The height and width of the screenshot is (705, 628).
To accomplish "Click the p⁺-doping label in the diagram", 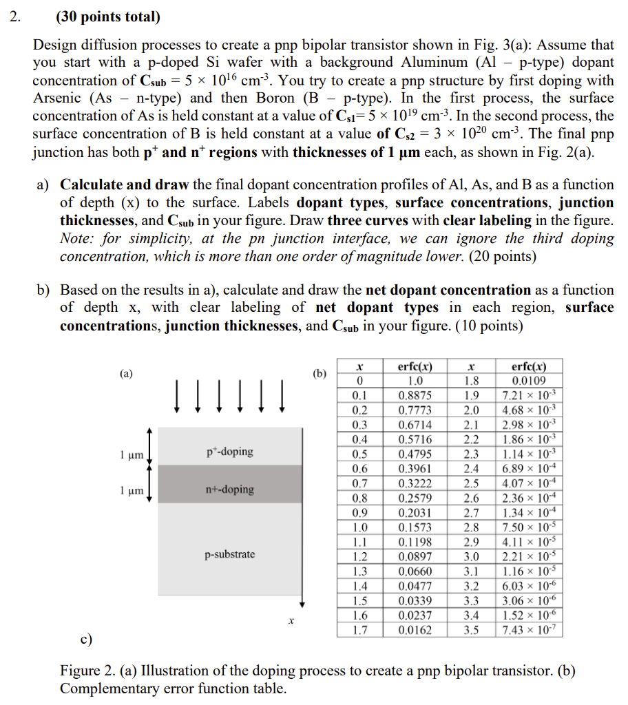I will point(230,452).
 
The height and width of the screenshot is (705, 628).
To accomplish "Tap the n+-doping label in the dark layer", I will point(230,490).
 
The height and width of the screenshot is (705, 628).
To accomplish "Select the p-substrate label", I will point(230,554).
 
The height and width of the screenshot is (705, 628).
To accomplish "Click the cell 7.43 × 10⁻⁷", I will point(530,629).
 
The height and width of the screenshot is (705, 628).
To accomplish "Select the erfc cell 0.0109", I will point(530,381).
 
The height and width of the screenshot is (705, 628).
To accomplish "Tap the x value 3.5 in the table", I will point(472,629).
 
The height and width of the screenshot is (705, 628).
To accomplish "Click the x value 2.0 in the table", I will point(472,410).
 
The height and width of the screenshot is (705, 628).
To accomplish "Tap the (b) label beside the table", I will point(320,374).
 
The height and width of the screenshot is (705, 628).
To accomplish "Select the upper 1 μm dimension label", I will point(131,454).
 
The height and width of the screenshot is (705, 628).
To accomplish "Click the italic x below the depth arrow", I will point(292,621).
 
